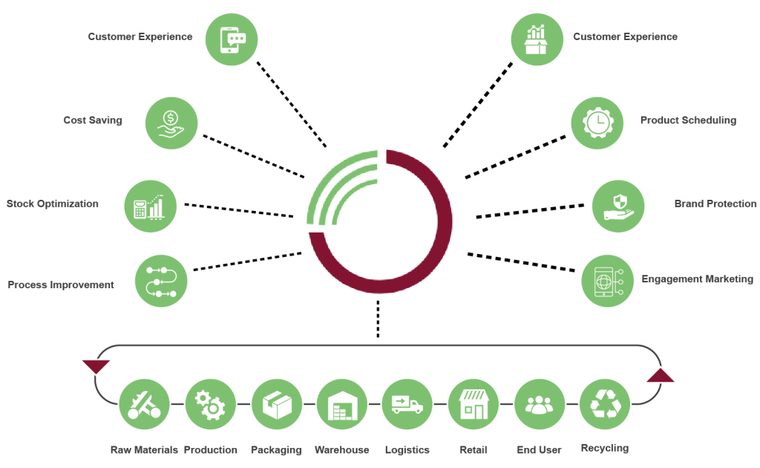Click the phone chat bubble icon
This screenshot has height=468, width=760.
(232, 39)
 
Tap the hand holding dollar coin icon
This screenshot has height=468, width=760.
(171, 123)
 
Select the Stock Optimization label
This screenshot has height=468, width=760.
(53, 204)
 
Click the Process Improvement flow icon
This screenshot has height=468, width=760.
(161, 281)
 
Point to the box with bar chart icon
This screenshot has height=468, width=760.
(537, 39)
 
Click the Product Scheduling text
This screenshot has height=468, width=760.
(688, 120)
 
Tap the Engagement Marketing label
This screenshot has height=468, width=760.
(697, 279)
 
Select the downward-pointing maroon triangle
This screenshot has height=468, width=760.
(95, 365)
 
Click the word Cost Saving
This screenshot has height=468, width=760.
(93, 120)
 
